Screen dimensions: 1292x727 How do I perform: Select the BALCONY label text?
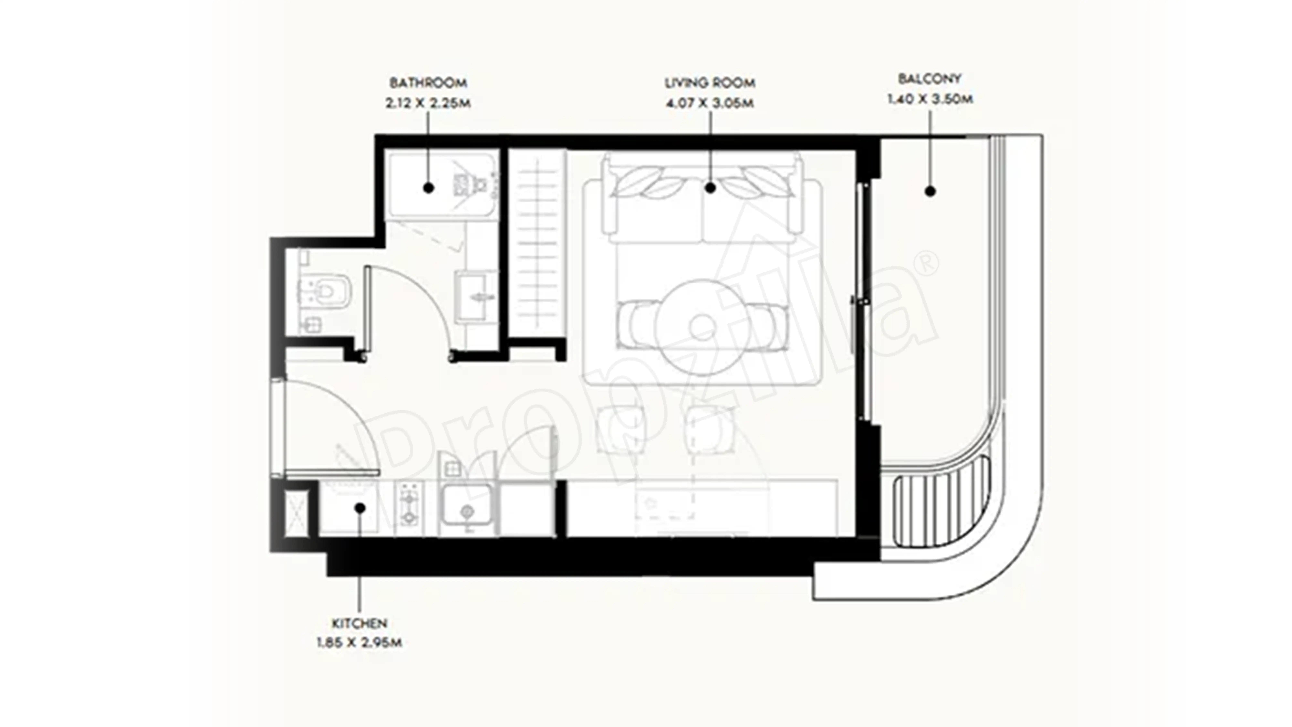coord(929,79)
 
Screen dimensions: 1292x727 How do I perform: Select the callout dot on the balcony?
coord(930,191)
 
